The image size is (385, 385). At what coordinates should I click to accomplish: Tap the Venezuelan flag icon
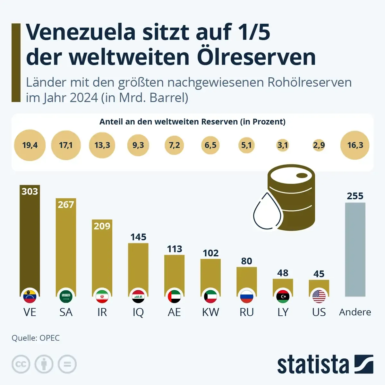(30, 296)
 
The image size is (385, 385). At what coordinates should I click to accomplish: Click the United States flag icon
(319, 296)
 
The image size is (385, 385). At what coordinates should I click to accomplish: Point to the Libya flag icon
(283, 296)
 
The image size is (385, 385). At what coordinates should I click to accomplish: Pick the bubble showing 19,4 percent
(30, 145)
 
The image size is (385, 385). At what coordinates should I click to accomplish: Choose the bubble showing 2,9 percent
(319, 145)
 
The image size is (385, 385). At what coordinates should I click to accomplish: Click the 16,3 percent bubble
(355, 145)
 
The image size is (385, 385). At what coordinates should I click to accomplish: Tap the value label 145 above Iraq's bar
(138, 237)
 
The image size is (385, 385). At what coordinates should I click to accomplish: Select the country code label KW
(210, 312)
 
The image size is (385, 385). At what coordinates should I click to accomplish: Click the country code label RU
(246, 312)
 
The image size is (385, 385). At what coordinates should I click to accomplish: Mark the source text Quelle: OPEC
(36, 338)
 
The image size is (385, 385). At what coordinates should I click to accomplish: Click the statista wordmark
(313, 364)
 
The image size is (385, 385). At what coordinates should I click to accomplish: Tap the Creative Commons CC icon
(21, 364)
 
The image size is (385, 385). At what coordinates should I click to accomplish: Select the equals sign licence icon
(67, 364)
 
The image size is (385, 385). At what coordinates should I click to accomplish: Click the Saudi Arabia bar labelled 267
(66, 247)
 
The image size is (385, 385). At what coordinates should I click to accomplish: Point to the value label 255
(355, 196)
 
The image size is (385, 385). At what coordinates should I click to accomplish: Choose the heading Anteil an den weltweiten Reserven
(192, 122)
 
